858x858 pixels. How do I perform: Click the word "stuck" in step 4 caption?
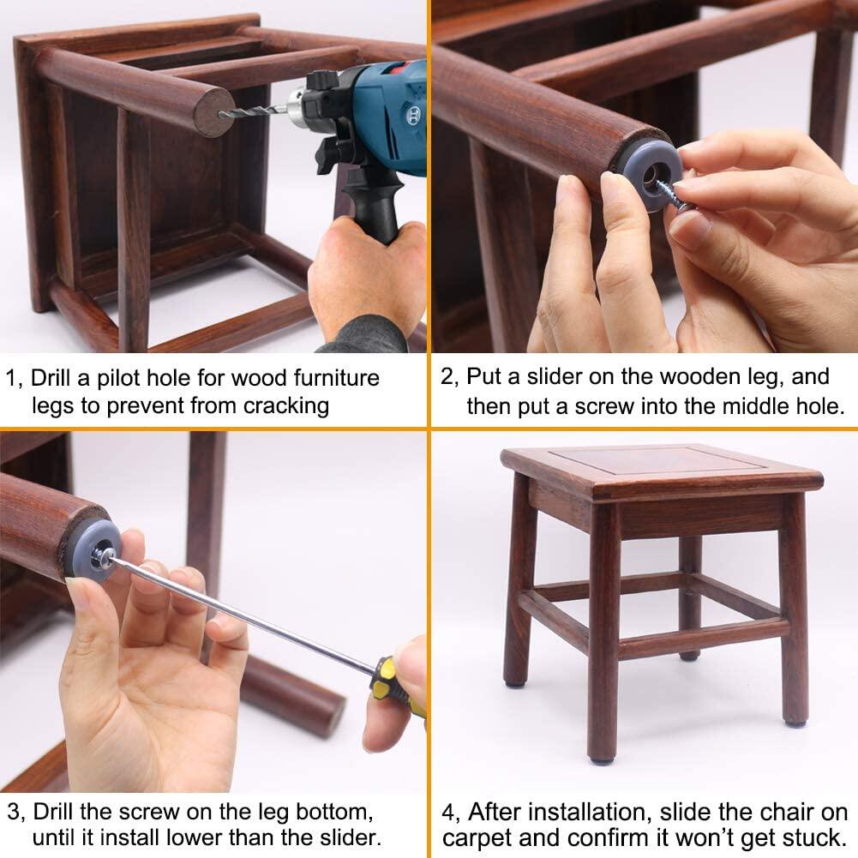point(811,837)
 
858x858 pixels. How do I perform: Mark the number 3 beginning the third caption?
point(13,810)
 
